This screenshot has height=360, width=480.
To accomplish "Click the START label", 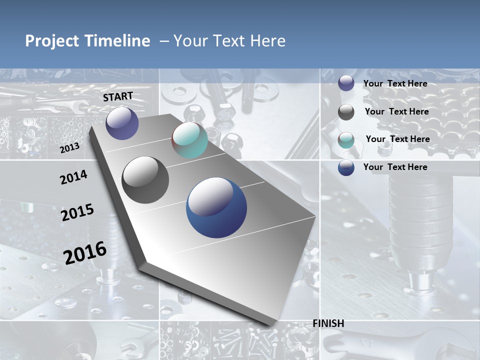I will pos(118,96).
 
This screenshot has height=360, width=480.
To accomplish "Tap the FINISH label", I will pos(328,323).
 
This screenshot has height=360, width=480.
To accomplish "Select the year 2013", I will pos(69,148).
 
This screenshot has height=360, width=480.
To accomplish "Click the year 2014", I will pos(73,177).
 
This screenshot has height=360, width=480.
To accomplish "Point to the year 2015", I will pos(77,212).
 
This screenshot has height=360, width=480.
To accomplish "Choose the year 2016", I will pos(85,252).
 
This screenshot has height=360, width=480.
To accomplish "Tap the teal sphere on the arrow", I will pos(189,140).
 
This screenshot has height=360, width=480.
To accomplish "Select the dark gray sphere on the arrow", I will pos(145,180).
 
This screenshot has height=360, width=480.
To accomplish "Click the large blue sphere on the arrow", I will pos(216,207).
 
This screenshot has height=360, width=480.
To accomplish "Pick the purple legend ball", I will pos(346,83).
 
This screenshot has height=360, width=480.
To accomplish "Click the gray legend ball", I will pos(346,112).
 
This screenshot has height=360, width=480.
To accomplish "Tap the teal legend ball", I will pos(346,140).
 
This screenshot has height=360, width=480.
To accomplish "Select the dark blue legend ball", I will pos(346,167).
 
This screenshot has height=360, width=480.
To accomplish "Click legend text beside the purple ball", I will pos(395,83).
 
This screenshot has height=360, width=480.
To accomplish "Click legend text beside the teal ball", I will pos(397,139).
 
